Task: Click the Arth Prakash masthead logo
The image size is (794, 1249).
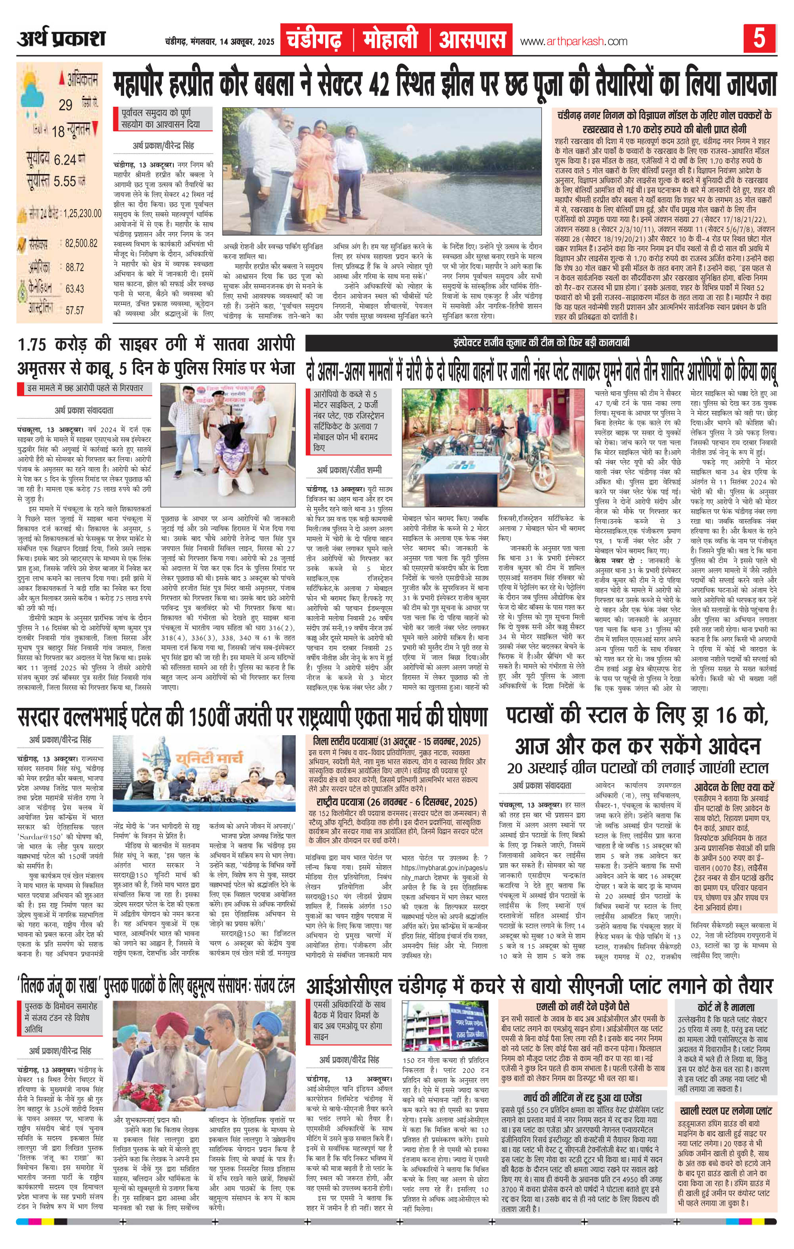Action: [x=61, y=39]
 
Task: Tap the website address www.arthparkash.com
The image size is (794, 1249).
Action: [x=573, y=42]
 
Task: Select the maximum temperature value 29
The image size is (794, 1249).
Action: [x=65, y=105]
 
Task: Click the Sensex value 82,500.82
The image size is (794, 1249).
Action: [x=81, y=243]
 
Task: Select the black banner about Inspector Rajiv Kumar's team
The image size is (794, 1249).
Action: [x=541, y=343]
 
